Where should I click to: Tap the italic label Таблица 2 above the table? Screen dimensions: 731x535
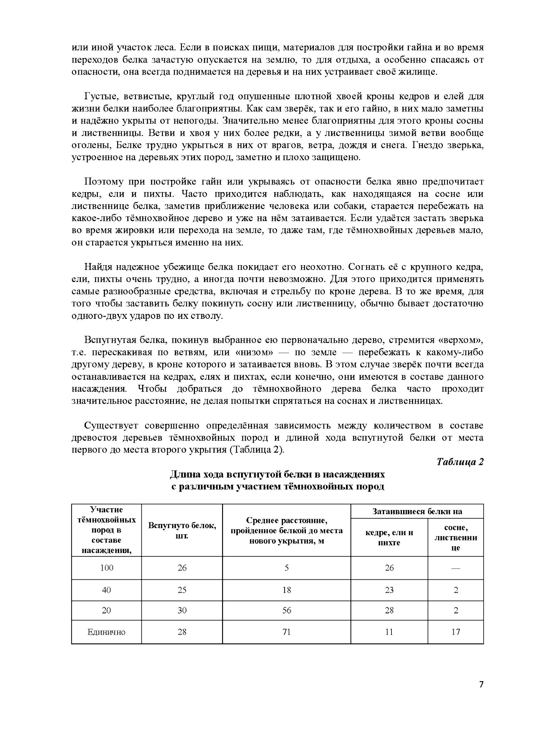click(460, 462)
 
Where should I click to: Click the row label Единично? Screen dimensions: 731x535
click(106, 632)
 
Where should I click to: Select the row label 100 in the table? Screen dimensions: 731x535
click(106, 568)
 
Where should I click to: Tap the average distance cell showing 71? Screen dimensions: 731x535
click(287, 632)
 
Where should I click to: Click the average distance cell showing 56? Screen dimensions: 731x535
click(287, 610)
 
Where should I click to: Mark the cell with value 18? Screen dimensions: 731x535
click(287, 590)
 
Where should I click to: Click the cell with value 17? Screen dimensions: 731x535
click(456, 632)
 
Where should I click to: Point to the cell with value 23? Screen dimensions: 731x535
click(389, 590)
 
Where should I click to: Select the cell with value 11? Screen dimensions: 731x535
click(389, 632)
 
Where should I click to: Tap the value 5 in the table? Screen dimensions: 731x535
click(287, 568)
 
